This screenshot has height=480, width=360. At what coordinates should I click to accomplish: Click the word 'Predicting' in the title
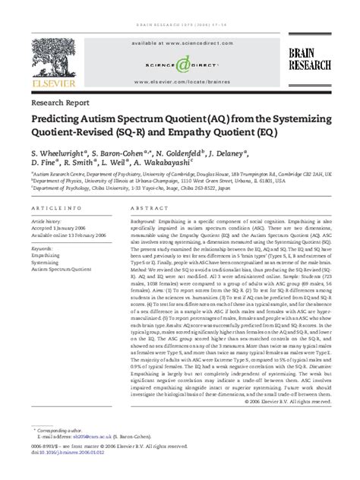coord(60,120)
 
